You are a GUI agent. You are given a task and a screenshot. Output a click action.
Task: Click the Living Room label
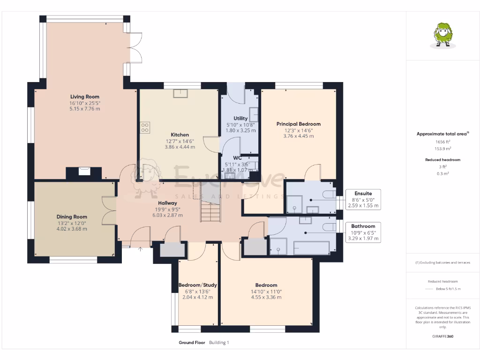pyautogui.click(x=85, y=97)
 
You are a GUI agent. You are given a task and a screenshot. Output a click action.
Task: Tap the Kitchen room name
pyautogui.click(x=180, y=135)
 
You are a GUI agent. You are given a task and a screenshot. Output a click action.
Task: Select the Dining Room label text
pyautogui.click(x=72, y=217)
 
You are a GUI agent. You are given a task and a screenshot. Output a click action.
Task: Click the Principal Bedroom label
pyautogui.click(x=298, y=124)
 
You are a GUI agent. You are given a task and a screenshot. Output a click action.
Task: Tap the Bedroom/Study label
pyautogui.click(x=197, y=285)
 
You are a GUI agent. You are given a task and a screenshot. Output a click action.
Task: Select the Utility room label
pyautogui.click(x=240, y=119)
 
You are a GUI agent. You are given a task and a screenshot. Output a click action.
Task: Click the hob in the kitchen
pyautogui.click(x=145, y=127)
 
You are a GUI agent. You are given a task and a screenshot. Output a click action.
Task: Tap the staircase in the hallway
pyautogui.click(x=210, y=210)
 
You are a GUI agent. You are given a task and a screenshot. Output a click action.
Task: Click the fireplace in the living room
pyautogui.click(x=84, y=172)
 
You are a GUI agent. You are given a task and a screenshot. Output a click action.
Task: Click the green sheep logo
pyautogui.click(x=441, y=36)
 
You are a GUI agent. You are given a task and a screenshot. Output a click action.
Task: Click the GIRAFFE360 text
pyautogui.click(x=442, y=336)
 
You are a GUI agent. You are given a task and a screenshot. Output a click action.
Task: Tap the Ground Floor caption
pyautogui.click(x=192, y=343)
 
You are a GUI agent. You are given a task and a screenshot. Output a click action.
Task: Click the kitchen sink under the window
pyautogui.click(x=180, y=94)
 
